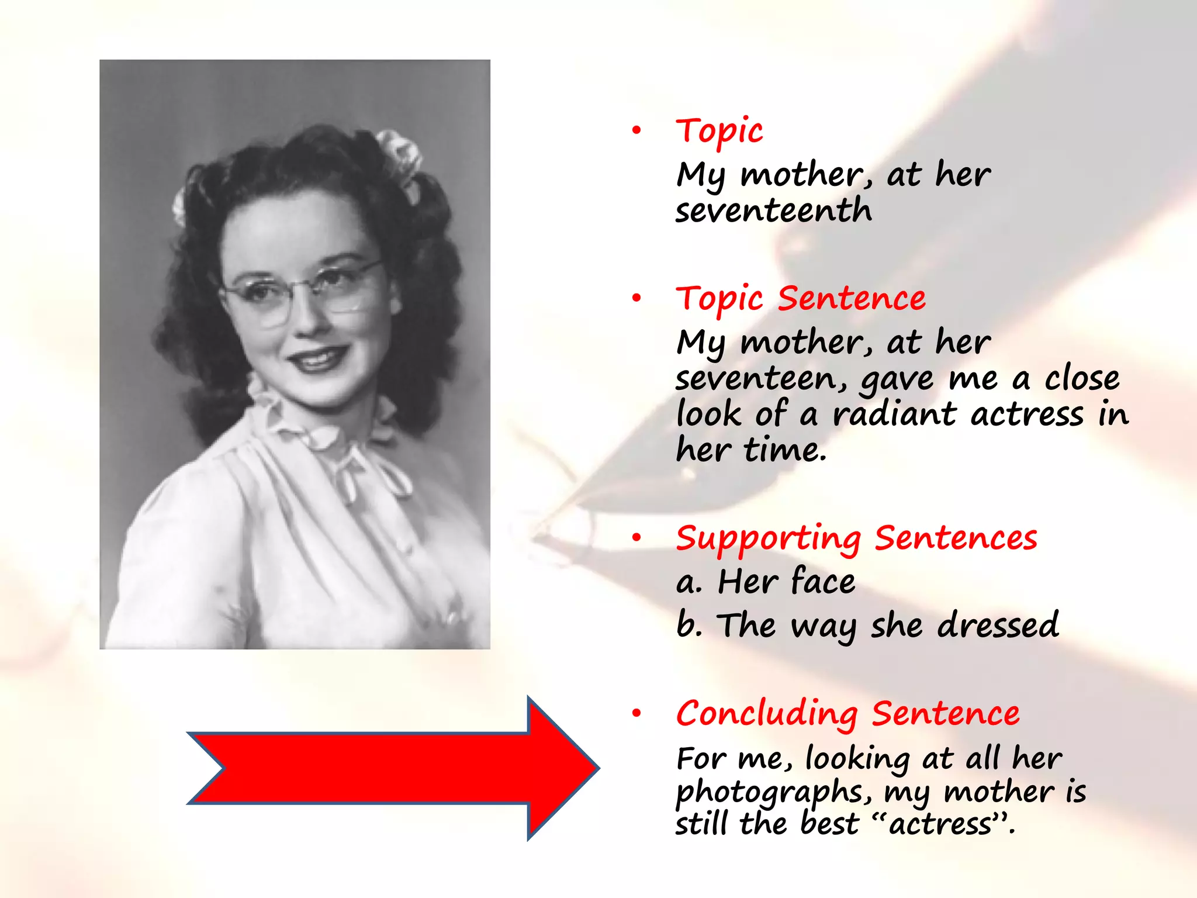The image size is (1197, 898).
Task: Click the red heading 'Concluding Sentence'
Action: click(847, 714)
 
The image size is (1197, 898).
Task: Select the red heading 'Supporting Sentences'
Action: click(856, 538)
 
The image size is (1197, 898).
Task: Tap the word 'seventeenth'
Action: click(773, 210)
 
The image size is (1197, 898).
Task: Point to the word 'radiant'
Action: click(894, 414)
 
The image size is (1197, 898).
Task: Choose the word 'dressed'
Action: click(998, 624)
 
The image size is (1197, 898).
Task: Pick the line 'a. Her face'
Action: click(766, 582)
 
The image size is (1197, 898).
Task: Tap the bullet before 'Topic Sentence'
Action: click(636, 299)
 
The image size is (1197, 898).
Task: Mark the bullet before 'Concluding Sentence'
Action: click(636, 713)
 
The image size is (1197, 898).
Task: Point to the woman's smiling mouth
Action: click(319, 357)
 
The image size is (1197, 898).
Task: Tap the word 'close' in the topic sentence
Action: click(1082, 378)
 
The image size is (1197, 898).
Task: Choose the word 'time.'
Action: click(785, 450)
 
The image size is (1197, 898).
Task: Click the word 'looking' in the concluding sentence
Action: click(857, 759)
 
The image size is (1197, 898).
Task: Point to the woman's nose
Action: click(304, 322)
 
